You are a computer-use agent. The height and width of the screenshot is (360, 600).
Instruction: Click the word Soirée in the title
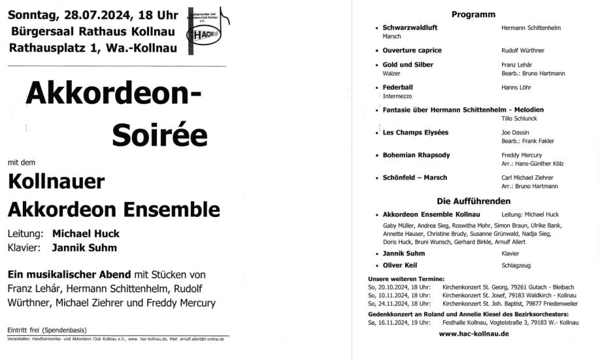(159, 135)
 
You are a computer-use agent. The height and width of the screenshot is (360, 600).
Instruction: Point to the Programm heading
(473, 14)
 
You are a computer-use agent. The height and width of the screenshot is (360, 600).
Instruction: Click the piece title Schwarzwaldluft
(411, 28)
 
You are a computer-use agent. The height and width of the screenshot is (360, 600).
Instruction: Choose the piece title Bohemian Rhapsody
(415, 155)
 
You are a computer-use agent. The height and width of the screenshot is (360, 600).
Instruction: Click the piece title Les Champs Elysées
(416, 133)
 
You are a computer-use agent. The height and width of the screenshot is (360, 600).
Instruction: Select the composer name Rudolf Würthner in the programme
(523, 50)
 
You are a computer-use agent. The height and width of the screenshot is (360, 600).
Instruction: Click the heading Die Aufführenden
(473, 201)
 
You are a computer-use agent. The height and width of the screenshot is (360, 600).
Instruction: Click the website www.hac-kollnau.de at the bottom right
(474, 334)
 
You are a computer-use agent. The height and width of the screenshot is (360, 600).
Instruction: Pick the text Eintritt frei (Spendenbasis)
(47, 329)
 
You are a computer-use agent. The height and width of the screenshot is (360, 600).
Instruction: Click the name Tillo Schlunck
(521, 118)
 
